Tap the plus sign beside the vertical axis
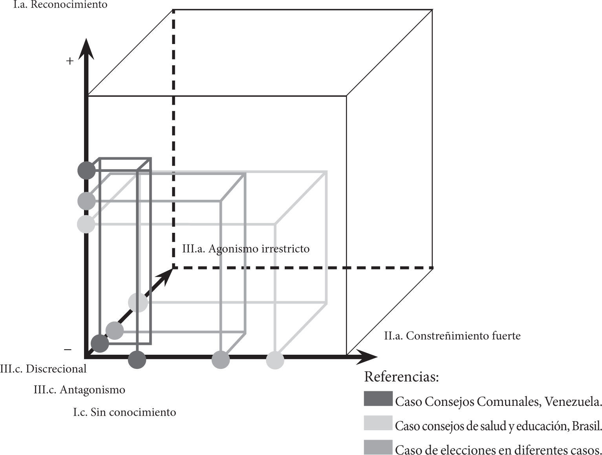pos(70,61)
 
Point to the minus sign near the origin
pos(68,349)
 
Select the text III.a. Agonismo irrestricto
pos(246,249)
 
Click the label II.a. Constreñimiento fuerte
pos(452,336)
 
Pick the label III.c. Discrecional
pos(43,369)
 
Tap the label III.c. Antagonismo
pos(79,390)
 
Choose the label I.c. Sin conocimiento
pos(124,412)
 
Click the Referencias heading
pos(401,377)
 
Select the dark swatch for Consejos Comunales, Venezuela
pos(378,399)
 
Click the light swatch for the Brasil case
pos(378,423)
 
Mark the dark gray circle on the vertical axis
pos(86,171)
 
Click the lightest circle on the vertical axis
pos(86,224)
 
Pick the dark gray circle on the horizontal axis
pos(137,359)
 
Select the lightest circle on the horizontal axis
pos(275,360)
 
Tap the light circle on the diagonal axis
pos(138,302)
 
